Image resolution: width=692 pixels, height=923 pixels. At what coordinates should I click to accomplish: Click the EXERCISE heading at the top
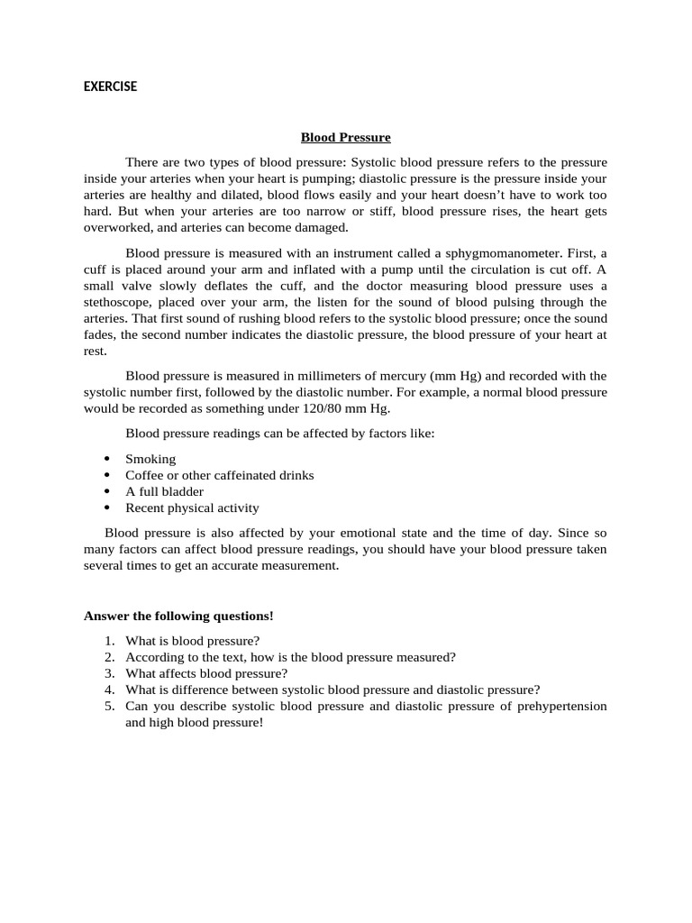click(110, 87)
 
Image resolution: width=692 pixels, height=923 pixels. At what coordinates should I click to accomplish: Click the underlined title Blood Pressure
click(345, 137)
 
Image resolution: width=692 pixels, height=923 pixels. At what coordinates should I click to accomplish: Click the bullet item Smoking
click(150, 459)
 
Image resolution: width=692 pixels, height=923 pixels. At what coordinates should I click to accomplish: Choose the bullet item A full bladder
click(164, 491)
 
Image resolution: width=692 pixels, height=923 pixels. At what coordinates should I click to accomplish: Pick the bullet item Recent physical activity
click(192, 507)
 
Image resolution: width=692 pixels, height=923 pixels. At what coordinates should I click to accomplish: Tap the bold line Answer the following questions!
click(178, 616)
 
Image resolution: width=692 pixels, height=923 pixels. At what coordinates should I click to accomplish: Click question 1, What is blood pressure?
click(192, 641)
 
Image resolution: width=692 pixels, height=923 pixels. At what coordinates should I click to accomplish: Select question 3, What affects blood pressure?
click(206, 673)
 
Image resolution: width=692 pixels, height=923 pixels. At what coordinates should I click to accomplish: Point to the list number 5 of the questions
click(108, 706)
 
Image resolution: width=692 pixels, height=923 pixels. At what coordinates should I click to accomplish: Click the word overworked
click(116, 227)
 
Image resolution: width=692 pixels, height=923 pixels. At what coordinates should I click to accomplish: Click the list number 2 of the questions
click(108, 657)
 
